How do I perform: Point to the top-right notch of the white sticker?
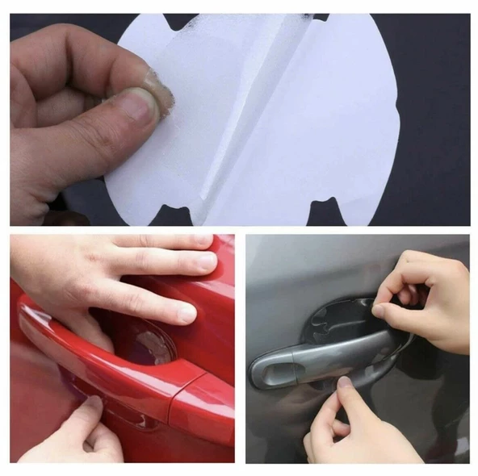[321, 17]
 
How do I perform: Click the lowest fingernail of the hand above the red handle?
[185, 313]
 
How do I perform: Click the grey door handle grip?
[323, 355]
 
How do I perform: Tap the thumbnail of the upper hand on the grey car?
[379, 310]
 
